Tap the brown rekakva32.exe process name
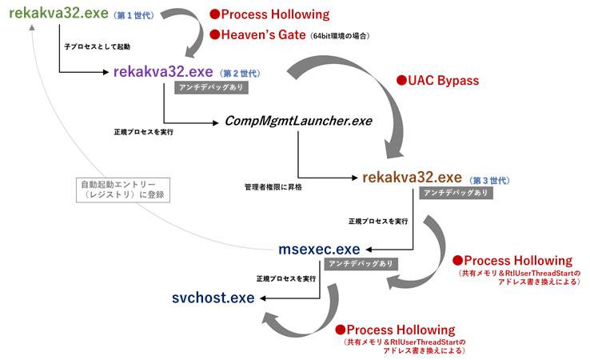pos(412,177)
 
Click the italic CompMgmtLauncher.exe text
pos(298,122)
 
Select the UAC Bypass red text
pos(443,81)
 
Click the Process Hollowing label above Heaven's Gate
pos(275,14)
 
